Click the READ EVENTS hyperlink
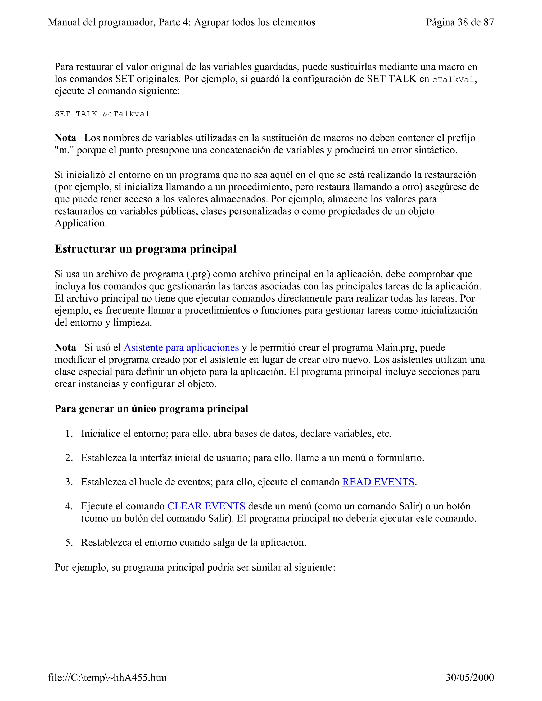coord(378,482)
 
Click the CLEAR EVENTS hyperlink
coord(206,506)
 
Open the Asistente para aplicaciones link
coord(181,347)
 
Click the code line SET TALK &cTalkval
coord(102,114)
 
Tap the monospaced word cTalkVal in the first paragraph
coord(453,80)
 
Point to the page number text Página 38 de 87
coord(460,22)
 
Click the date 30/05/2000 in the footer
coord(469,677)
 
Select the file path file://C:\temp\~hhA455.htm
coord(107,677)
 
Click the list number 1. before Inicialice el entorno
coord(69,434)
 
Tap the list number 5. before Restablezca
coord(69,543)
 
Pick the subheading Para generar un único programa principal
coord(151,409)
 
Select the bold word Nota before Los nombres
coord(65,138)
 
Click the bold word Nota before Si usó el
coord(65,347)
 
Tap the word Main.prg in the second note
coord(396,347)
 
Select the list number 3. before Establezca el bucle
coord(69,482)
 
